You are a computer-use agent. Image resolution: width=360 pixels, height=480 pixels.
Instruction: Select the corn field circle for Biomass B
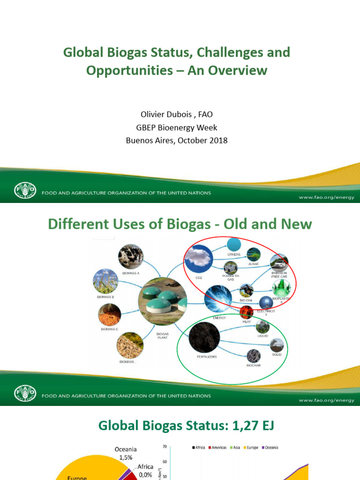pos(105,281)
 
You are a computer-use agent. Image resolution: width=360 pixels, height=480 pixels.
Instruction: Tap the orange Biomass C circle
pos(110,315)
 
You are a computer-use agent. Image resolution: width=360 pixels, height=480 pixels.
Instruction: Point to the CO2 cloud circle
pos(196,261)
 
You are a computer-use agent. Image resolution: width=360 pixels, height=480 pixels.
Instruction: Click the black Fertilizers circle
pos(204,338)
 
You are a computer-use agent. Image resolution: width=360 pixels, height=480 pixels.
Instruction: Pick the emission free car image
pos(279,262)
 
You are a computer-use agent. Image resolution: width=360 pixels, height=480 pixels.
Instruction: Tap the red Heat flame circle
pos(247,312)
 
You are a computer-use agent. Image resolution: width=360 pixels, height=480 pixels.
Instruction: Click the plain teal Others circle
pos(234,244)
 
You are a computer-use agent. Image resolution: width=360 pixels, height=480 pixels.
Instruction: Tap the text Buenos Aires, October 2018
pos(177,140)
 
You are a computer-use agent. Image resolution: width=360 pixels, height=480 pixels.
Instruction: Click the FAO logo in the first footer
pos(23,192)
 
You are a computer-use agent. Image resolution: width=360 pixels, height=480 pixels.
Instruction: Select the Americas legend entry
pos(218,448)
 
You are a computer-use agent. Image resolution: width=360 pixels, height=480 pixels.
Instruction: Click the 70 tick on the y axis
pos(165,447)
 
